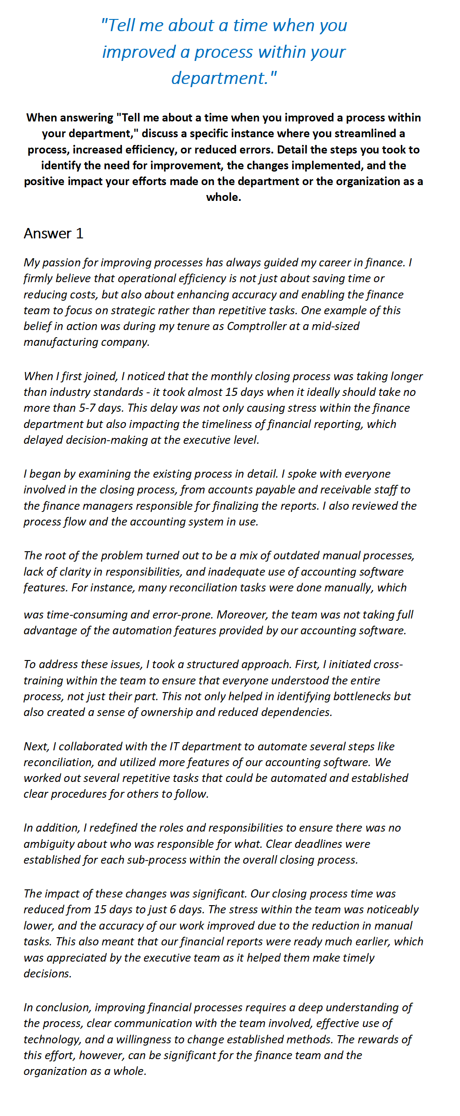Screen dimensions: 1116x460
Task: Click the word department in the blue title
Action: [220, 78]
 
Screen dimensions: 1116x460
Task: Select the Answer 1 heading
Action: [53, 233]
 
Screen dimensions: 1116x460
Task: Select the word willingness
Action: [143, 1040]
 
